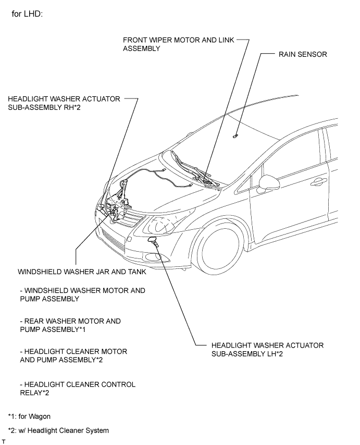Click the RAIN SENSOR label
coord(303,54)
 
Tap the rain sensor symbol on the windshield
coord(235,136)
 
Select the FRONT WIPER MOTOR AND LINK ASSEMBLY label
coord(179,44)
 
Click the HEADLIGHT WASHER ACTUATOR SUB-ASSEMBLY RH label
coord(64,103)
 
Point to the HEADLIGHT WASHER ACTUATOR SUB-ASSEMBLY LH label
coord(267,350)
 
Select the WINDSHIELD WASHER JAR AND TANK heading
coord(82,271)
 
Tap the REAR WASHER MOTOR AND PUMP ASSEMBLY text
coord(70,325)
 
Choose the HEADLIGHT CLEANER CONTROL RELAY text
coord(78,389)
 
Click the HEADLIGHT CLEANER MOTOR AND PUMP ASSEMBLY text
coord(73,355)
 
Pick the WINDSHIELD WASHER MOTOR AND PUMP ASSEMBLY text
coord(82,294)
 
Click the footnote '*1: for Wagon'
coord(29,416)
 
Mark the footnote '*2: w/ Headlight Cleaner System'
coord(58,430)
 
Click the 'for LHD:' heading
coord(27,14)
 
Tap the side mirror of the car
coord(269,183)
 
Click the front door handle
coord(319,182)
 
